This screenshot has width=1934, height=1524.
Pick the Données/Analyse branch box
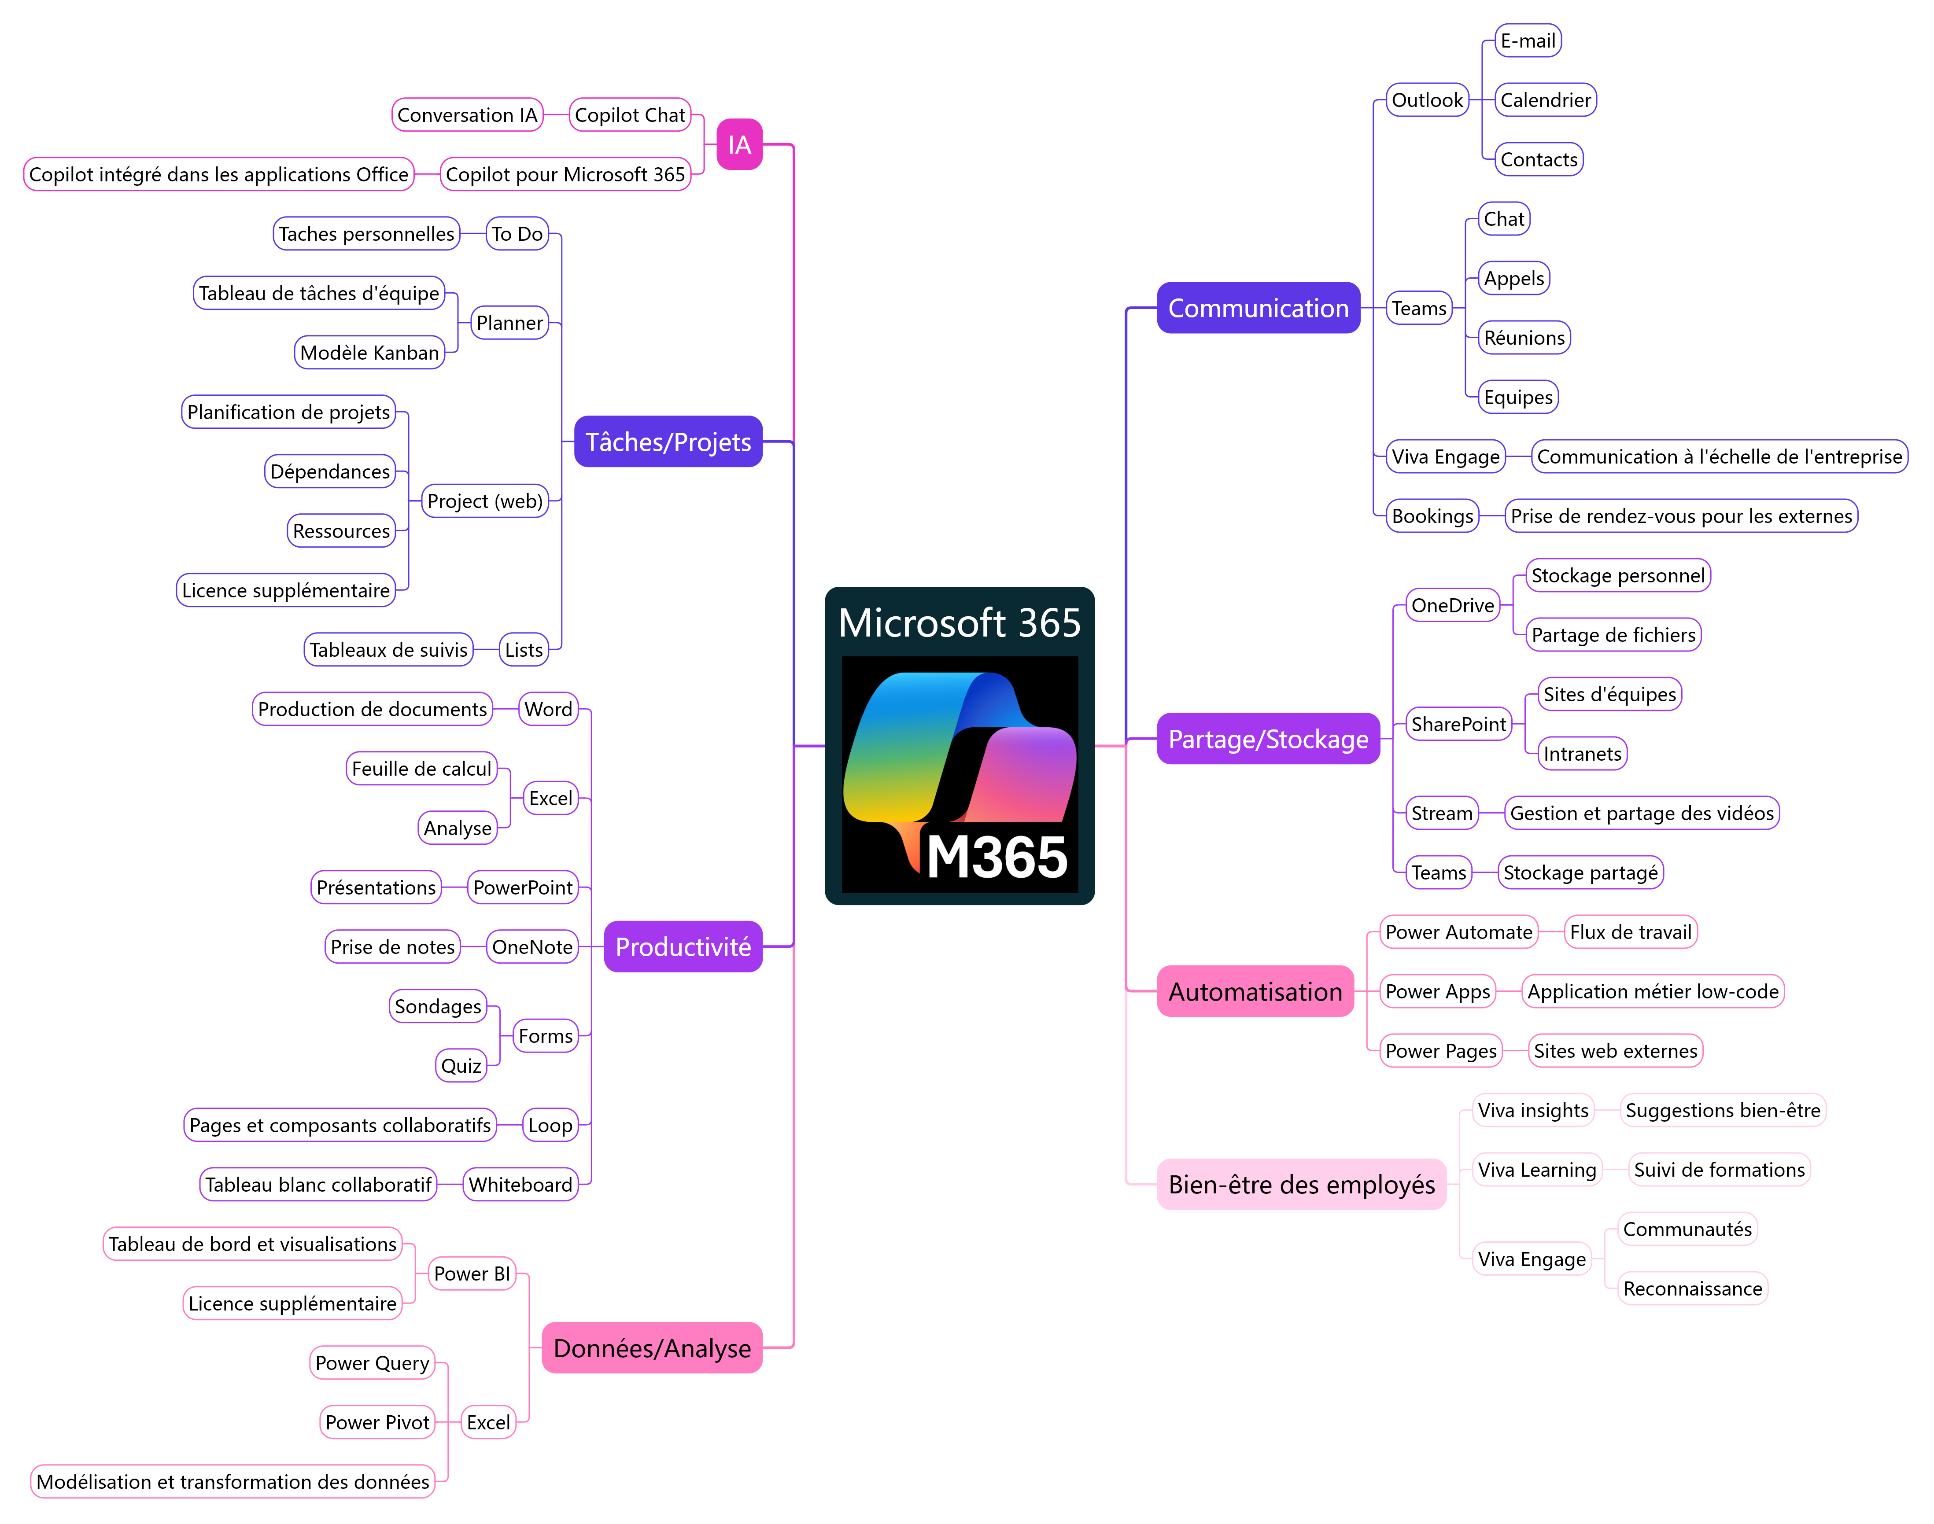point(652,1347)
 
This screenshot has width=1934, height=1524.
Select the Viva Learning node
point(1536,1170)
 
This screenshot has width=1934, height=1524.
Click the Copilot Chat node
point(629,115)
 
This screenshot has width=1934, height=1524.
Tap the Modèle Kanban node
point(369,353)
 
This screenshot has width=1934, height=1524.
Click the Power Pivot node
point(376,1422)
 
